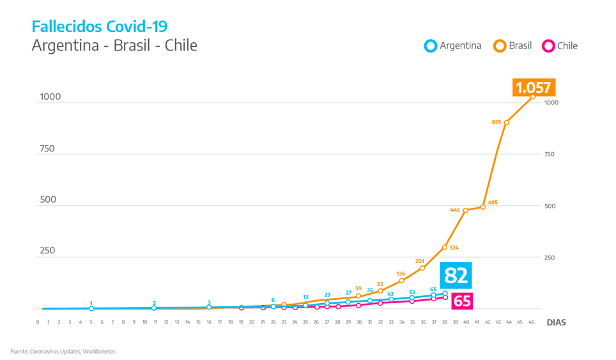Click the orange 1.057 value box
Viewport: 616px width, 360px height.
click(x=533, y=88)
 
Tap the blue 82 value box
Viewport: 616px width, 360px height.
click(x=456, y=276)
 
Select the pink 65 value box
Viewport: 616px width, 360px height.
click(x=461, y=301)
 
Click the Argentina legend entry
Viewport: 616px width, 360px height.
click(x=453, y=46)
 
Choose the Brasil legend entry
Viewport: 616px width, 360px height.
click(x=513, y=46)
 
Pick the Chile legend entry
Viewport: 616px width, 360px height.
click(x=560, y=46)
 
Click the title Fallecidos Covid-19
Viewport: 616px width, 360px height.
click(x=100, y=27)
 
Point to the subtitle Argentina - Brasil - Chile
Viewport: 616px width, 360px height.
click(x=114, y=46)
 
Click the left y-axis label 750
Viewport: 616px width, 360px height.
click(x=47, y=149)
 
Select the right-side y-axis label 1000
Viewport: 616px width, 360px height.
click(x=551, y=103)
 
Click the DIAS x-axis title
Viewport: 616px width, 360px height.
click(x=556, y=323)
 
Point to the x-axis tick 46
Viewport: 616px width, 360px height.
click(x=530, y=322)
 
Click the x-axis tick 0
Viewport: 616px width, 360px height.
click(x=38, y=322)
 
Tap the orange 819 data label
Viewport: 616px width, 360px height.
click(x=496, y=122)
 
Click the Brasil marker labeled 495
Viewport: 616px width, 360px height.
click(x=483, y=207)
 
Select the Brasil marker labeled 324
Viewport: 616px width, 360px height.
click(x=445, y=247)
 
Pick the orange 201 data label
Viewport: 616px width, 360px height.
click(x=420, y=261)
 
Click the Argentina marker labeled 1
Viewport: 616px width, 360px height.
click(x=91, y=308)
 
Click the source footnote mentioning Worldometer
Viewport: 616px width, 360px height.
click(x=63, y=351)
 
